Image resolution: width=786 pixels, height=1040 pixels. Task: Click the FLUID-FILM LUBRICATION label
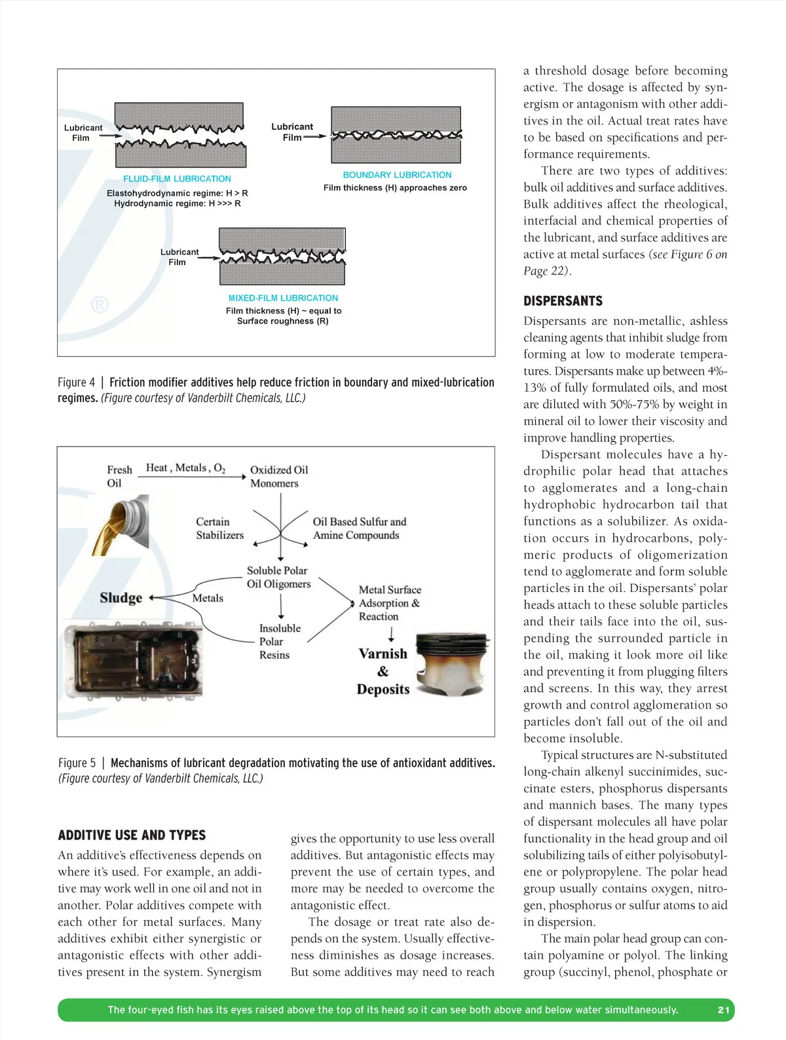tap(177, 179)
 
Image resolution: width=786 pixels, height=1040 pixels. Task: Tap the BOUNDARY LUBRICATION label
tap(397, 175)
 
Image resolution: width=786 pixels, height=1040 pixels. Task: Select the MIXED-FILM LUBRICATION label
tap(283, 298)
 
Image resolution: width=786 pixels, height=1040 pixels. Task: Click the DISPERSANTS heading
tap(563, 301)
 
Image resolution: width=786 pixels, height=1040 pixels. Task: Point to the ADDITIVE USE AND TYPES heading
tap(132, 835)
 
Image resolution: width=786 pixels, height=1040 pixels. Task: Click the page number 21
tap(723, 1010)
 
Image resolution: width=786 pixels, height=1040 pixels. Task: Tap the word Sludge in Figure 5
tap(121, 598)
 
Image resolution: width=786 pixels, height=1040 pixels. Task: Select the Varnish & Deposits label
tap(383, 671)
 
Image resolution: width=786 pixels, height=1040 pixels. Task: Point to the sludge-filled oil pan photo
tap(134, 660)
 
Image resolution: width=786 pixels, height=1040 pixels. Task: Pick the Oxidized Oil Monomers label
tap(278, 477)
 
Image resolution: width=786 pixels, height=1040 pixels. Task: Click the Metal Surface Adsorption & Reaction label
tap(390, 603)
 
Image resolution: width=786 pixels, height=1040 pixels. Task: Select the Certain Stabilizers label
tap(219, 529)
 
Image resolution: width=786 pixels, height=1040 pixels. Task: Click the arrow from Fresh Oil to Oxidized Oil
tap(193, 477)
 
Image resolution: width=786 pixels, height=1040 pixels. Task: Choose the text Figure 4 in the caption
tap(76, 382)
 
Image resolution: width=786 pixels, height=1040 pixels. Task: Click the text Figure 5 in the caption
tap(77, 763)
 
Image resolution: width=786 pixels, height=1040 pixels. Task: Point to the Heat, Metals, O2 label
tap(185, 468)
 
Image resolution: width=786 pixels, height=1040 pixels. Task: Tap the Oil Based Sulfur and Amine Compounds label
tap(359, 529)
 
